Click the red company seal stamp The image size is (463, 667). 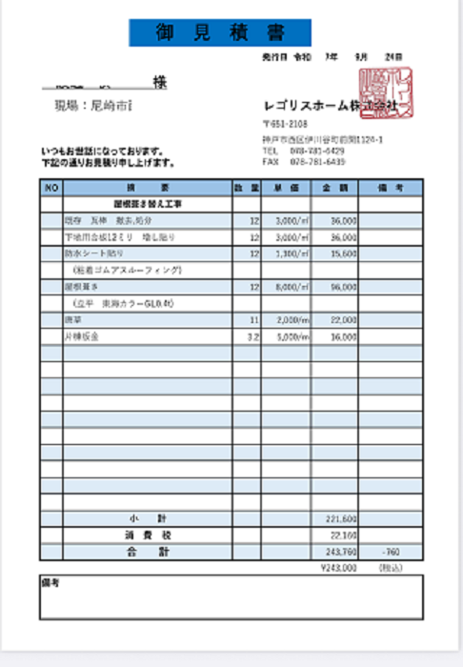click(x=386, y=93)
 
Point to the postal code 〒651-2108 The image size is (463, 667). click(x=285, y=124)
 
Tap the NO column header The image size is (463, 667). click(x=51, y=188)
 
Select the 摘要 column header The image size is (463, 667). click(x=147, y=188)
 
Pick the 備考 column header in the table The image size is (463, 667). click(x=389, y=188)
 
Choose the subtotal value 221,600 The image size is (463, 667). click(x=340, y=519)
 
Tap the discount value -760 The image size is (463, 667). click(x=389, y=552)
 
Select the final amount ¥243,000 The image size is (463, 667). click(x=340, y=568)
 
